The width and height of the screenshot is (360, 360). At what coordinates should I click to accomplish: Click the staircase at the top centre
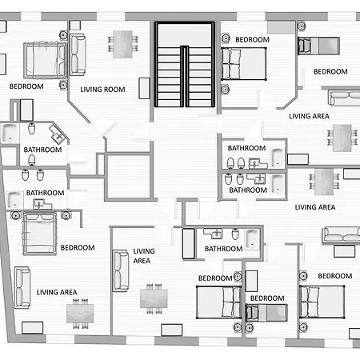185,65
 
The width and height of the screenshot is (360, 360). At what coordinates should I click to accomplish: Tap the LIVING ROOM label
102,90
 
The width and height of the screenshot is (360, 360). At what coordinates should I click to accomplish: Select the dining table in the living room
123,44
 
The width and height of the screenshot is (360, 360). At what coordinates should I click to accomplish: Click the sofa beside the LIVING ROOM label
78,54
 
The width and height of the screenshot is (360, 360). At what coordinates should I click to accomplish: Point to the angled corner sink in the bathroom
58,134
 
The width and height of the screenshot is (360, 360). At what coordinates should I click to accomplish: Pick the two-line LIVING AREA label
144,256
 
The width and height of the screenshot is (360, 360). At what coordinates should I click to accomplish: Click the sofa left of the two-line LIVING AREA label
121,270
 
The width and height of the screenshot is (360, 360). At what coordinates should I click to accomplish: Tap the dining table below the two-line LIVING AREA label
154,298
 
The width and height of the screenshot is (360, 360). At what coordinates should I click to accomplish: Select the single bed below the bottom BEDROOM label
266,313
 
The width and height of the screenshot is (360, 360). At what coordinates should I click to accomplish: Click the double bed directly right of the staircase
244,64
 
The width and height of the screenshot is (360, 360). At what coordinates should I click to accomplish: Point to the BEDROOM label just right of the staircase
252,40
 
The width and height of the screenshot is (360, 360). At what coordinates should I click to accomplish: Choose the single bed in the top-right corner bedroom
318,46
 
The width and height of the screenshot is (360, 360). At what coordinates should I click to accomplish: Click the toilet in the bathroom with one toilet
235,234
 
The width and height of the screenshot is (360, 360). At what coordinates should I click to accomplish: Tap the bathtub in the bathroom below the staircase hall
252,238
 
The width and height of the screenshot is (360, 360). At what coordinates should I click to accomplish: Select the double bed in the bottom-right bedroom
322,302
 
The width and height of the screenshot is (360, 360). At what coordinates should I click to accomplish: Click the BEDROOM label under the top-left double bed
26,86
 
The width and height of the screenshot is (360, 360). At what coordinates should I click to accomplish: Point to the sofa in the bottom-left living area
22,287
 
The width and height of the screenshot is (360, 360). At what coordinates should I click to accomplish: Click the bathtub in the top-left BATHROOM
10,133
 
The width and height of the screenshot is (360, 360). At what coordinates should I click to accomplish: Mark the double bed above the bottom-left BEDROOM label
40,234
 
